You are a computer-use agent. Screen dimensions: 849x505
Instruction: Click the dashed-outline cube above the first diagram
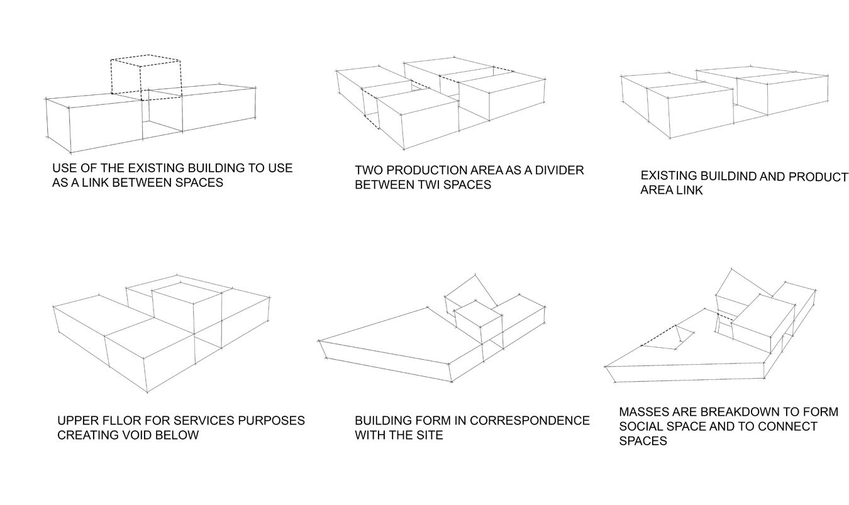click(x=146, y=75)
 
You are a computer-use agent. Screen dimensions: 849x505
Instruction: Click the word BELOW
click(x=179, y=435)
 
